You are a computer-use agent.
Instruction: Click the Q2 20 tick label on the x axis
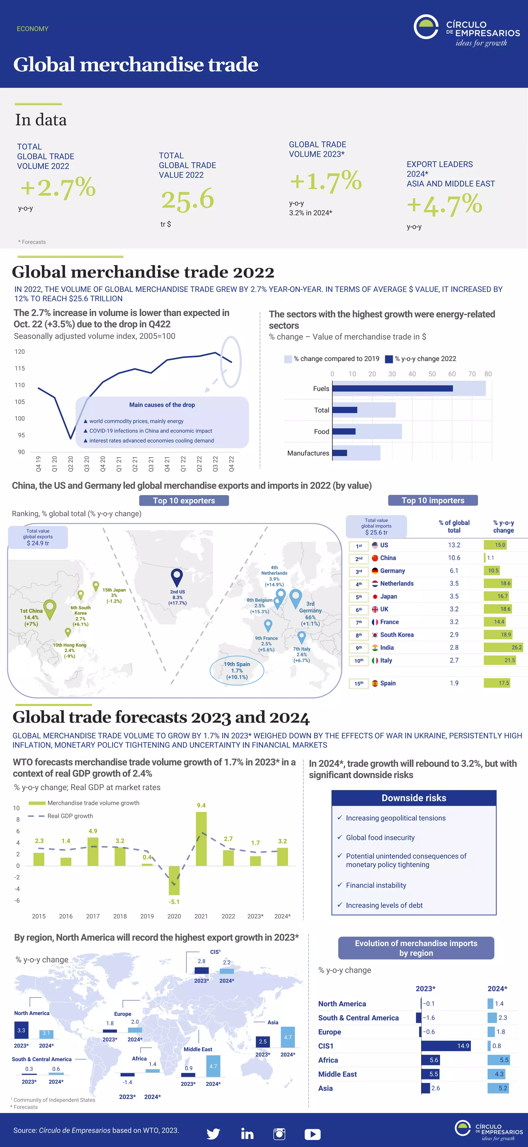tap(70, 464)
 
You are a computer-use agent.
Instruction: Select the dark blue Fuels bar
tap(392, 388)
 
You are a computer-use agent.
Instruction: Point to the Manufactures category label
tap(308, 453)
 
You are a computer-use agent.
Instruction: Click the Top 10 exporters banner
tap(184, 501)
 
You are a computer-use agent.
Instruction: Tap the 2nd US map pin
tap(177, 577)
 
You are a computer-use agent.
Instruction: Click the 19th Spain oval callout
tap(237, 670)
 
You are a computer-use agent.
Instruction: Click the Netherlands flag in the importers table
tap(375, 584)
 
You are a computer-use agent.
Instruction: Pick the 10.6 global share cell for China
tap(454, 558)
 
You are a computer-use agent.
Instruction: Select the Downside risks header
tap(414, 798)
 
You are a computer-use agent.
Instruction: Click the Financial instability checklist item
tap(376, 885)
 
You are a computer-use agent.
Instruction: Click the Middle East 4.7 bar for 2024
tap(213, 1066)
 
